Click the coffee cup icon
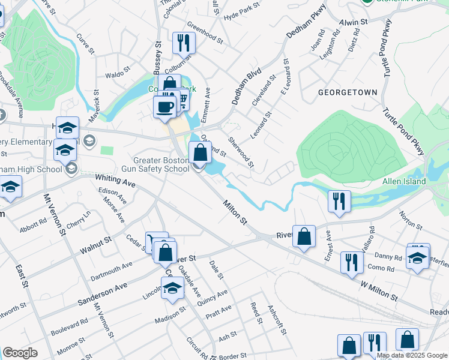[164, 107]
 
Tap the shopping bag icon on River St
[305, 236]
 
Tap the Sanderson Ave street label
[102, 292]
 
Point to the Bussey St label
[158, 54]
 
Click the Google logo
[20, 353]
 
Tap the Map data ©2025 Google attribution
[412, 355]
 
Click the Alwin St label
[353, 22]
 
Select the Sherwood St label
[241, 152]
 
